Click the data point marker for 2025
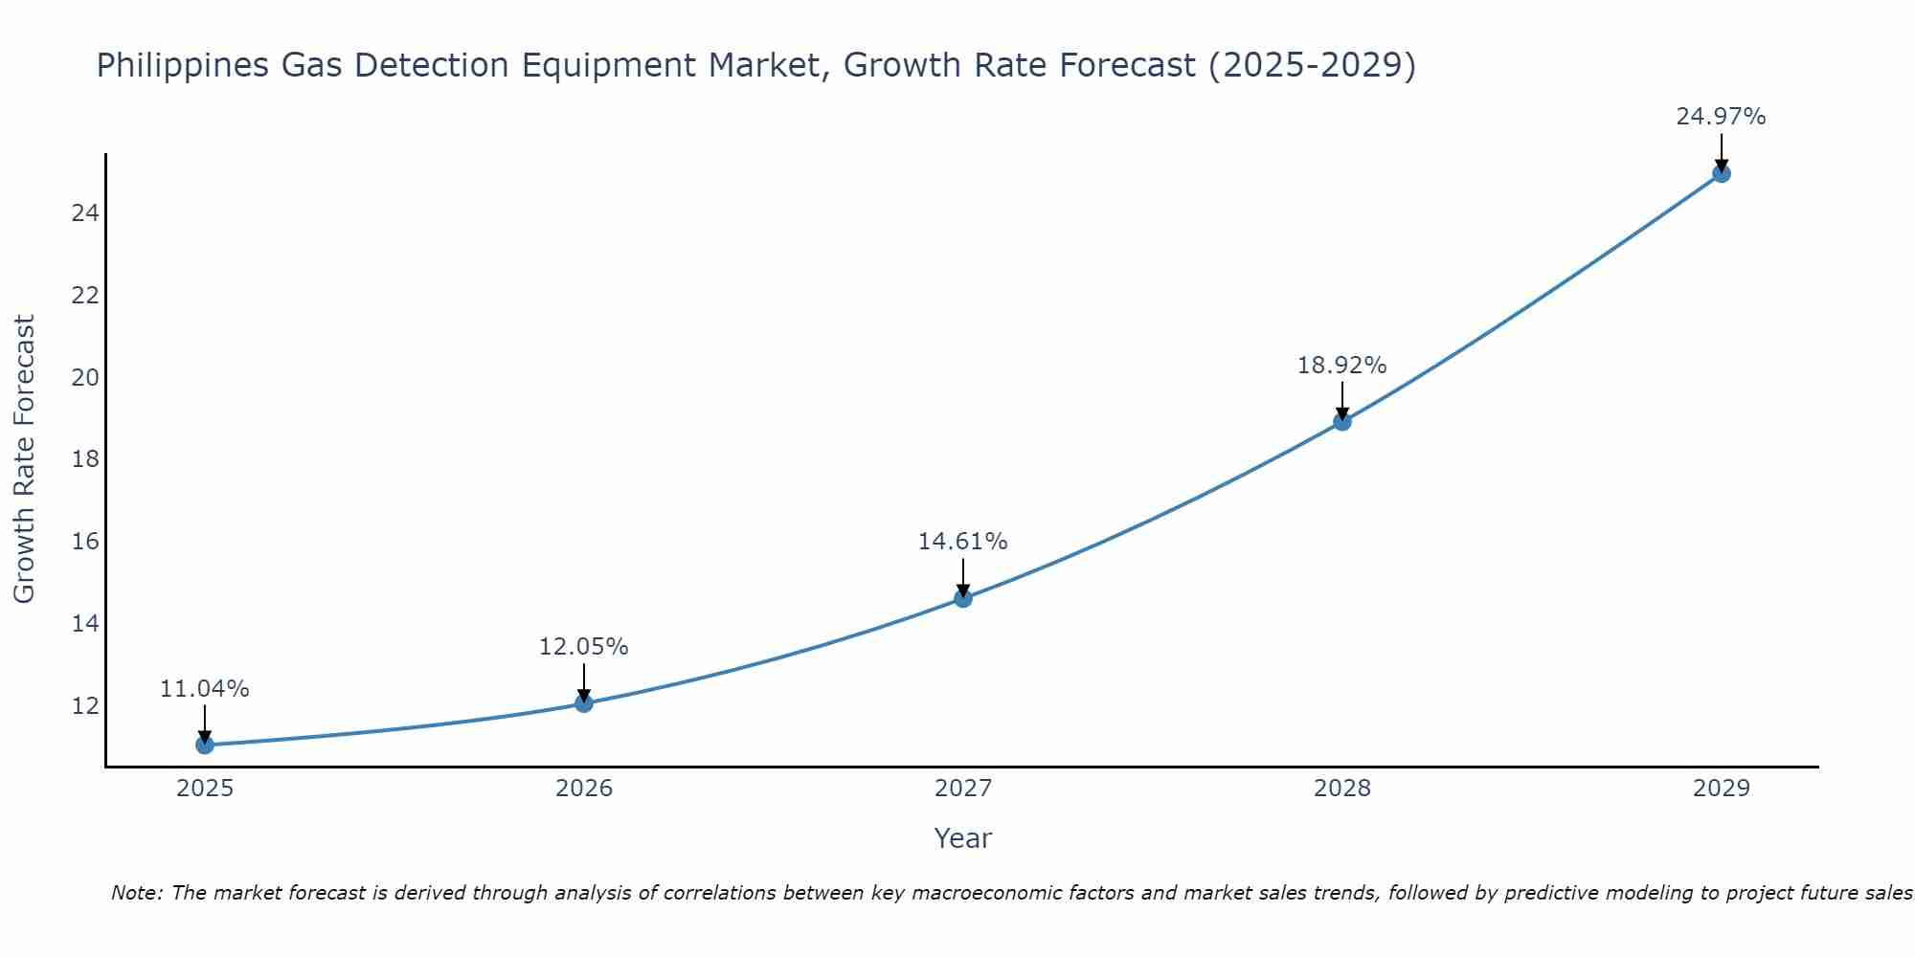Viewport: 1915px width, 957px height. pos(205,745)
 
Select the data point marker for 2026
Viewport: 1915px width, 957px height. pos(584,703)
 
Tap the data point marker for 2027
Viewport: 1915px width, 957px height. pos(963,598)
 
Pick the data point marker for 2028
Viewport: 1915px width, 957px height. pos(1342,421)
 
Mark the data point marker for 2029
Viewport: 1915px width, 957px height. pos(1721,173)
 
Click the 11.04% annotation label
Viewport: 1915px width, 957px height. pos(204,689)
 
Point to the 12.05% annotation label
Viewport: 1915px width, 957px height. pos(583,647)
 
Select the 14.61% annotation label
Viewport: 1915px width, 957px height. pos(962,542)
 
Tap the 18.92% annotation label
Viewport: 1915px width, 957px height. pos(1341,366)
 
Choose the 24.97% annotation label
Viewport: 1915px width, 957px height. pos(1721,117)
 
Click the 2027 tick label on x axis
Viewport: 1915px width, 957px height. pos(963,789)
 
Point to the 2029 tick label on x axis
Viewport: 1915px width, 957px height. pos(1721,789)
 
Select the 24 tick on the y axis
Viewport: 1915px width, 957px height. pos(85,212)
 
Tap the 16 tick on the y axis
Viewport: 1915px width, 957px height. pos(85,542)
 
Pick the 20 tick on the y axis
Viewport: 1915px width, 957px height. pos(85,377)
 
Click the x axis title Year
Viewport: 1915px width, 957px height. pos(962,838)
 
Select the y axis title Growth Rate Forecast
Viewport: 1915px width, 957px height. pos(24,459)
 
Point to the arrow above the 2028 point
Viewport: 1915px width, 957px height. pos(1342,398)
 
